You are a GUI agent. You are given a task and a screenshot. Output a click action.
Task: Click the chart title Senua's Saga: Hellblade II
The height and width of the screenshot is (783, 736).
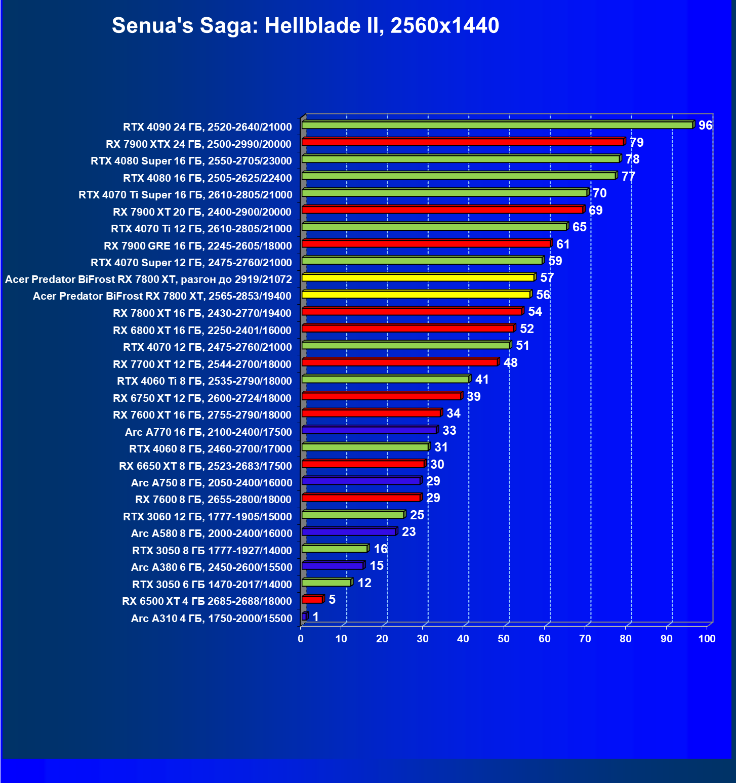click(305, 25)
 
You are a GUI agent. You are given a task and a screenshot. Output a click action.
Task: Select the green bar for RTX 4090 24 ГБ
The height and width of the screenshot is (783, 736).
click(497, 125)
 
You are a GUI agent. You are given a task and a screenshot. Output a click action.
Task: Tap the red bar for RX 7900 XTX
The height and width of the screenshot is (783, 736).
click(463, 142)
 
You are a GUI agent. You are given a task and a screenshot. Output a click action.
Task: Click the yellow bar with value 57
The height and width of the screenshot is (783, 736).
click(418, 278)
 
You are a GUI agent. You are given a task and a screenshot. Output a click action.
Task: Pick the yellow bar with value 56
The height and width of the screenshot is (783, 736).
click(416, 295)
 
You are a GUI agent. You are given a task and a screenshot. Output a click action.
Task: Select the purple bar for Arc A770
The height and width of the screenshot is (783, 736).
click(369, 430)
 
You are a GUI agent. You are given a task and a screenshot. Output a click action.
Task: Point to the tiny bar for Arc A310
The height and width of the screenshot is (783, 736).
click(304, 616)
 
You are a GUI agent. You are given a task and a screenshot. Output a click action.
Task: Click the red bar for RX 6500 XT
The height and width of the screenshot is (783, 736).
click(312, 600)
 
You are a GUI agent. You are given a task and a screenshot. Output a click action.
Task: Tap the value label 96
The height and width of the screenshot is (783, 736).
click(705, 126)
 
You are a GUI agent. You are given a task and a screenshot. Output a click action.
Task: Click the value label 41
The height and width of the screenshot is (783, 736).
click(482, 380)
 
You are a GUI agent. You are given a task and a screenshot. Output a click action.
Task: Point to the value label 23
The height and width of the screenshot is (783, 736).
click(408, 532)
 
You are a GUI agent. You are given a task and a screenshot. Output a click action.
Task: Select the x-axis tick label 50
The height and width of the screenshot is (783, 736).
click(504, 639)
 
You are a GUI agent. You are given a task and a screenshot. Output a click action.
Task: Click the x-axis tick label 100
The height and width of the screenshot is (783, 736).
click(707, 639)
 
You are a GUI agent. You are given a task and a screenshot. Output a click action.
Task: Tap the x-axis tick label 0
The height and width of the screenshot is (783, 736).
click(301, 639)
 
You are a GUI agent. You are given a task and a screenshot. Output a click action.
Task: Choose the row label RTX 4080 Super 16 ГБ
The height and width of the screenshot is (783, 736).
click(191, 161)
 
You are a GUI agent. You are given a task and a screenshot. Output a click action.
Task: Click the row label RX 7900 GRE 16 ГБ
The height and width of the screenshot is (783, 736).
click(197, 246)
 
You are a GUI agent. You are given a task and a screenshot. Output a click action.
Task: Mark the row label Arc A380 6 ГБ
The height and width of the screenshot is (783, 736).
click(212, 567)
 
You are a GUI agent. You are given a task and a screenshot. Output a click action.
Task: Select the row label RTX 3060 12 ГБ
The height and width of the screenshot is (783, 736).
click(208, 517)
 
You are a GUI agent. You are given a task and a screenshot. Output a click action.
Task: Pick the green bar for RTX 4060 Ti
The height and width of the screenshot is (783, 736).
click(385, 379)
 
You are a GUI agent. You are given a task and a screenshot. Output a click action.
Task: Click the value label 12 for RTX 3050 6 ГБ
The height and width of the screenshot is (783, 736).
click(364, 583)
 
